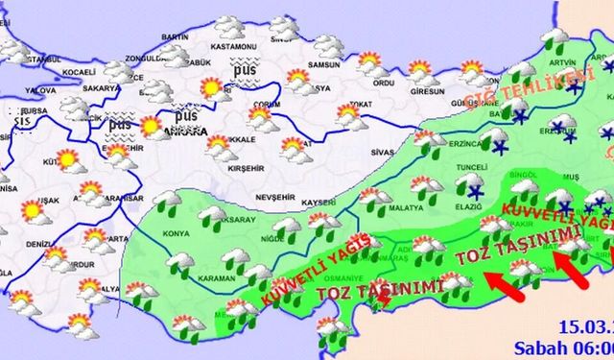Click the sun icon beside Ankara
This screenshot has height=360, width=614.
(150, 127)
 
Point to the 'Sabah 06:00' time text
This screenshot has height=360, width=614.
(575, 346)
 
